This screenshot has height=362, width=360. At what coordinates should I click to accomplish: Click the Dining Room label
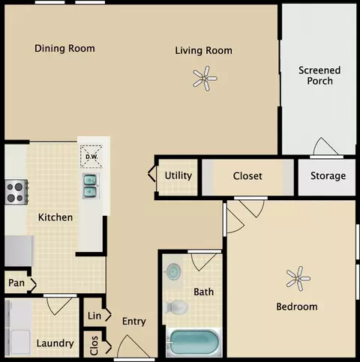[64, 49]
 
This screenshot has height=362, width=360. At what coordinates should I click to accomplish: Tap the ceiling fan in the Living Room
[205, 79]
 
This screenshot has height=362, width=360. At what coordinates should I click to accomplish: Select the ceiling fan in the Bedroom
[298, 279]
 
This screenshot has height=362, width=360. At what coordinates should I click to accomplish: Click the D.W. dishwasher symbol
[91, 157]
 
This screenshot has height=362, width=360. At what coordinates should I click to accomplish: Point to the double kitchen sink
[90, 186]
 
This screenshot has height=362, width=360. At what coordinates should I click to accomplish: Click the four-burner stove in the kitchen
[16, 192]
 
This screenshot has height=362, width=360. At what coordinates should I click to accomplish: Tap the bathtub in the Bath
[193, 343]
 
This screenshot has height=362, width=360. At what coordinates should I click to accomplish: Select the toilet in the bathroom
[175, 307]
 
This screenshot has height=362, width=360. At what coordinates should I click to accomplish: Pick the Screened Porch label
[319, 76]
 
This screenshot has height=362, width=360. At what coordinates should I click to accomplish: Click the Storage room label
[328, 176]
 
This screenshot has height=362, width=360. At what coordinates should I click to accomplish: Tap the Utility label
[178, 175]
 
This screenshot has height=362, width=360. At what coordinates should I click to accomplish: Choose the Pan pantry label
[16, 283]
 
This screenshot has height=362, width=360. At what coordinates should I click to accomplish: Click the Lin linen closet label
[94, 316]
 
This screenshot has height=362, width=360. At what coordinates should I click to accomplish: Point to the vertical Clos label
[94, 346]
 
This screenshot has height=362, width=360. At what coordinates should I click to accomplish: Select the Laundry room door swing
[60, 306]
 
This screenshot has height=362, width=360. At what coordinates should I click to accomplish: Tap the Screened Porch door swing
[325, 146]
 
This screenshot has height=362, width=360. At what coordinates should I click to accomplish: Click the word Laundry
[55, 343]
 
